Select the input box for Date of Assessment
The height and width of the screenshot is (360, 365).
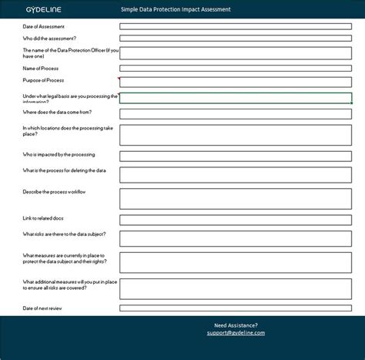[x=235, y=26]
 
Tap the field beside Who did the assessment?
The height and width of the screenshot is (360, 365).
[x=235, y=38]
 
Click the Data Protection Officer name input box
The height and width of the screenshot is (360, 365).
[x=235, y=52]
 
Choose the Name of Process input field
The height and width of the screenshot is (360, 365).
[x=235, y=69]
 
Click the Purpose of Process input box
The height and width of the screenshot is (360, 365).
[x=235, y=82]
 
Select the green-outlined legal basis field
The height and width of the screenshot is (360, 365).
[x=235, y=98]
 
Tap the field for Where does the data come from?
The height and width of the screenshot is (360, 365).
[x=235, y=113]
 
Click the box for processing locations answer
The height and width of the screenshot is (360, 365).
[x=235, y=135]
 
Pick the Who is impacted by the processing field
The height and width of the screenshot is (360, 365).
[x=235, y=156]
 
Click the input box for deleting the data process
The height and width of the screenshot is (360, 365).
[x=235, y=174]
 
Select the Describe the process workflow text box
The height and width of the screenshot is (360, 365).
[x=235, y=198]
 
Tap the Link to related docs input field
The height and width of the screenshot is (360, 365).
[x=235, y=220]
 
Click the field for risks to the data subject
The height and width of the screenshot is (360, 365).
[x=235, y=238]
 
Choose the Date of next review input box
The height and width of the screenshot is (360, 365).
[x=235, y=308]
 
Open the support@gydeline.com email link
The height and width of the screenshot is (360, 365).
[x=236, y=333]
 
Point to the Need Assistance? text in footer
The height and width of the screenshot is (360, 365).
[x=236, y=325]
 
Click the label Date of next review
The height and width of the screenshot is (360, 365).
[x=43, y=308]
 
